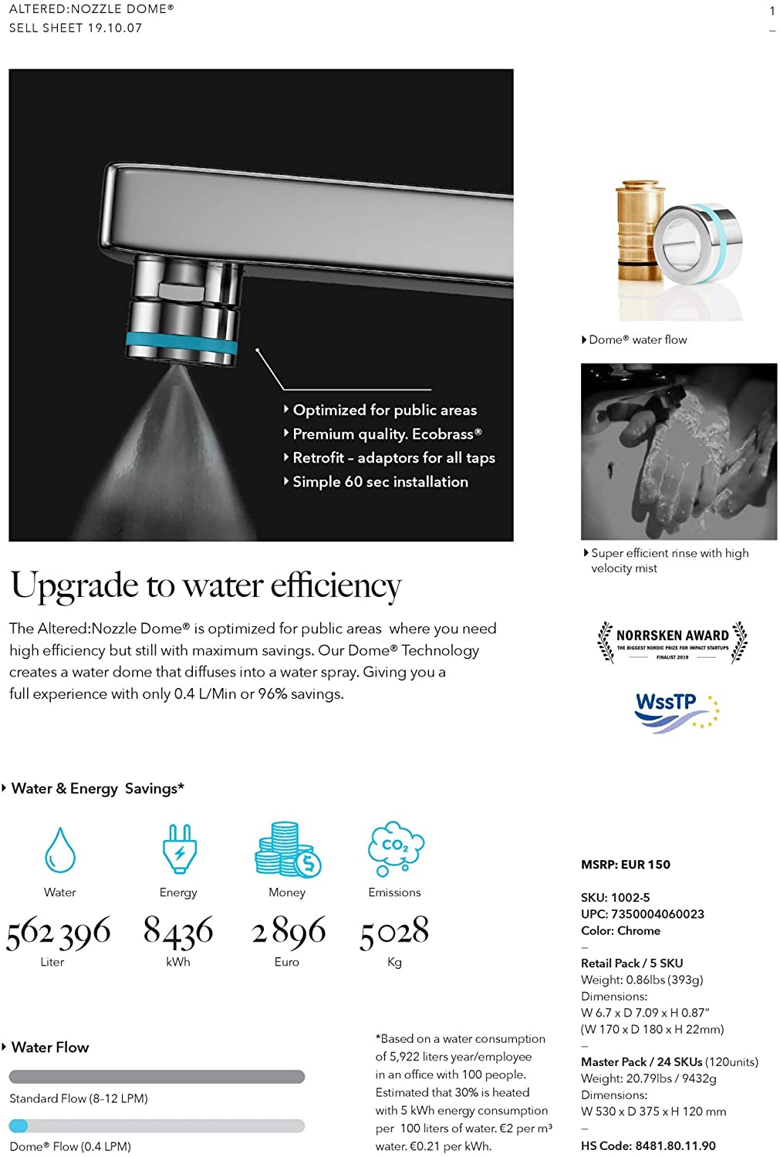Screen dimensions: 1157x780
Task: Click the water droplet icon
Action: [60, 850]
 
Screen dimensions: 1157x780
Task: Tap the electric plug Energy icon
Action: [179, 848]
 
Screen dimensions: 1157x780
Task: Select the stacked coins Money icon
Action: [287, 849]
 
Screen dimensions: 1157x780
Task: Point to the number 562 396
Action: [59, 933]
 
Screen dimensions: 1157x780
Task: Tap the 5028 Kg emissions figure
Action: [394, 932]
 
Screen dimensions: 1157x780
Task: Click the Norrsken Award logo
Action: [672, 642]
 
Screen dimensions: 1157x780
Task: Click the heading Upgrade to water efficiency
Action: [206, 585]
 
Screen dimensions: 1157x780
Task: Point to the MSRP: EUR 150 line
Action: [626, 865]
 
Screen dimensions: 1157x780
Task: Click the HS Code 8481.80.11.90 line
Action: [648, 1146]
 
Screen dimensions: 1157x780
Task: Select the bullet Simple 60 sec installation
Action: [380, 482]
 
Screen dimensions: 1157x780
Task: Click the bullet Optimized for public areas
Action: [384, 410]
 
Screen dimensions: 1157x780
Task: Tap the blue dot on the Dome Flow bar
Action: [19, 1126]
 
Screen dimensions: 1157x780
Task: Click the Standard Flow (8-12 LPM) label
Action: [79, 1098]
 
